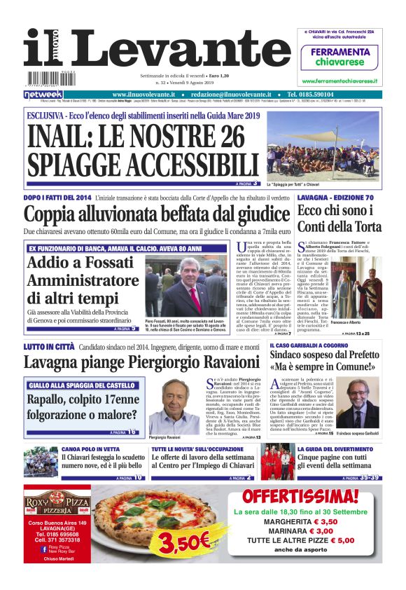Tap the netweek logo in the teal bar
click(43, 95)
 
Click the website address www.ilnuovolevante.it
click(144, 95)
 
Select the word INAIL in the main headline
click(62, 135)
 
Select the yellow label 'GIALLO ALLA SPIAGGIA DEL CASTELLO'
click(77, 386)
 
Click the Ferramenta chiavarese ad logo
click(339, 55)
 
